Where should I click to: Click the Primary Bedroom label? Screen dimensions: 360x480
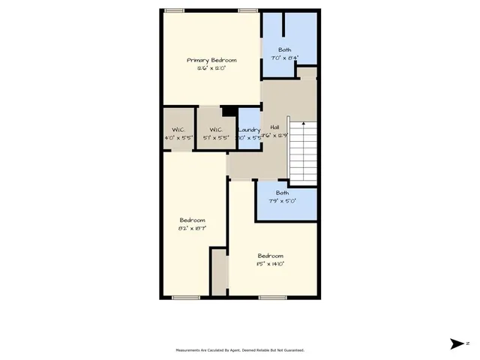pyautogui.click(x=211, y=60)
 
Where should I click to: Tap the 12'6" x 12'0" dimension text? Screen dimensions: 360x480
pyautogui.click(x=211, y=67)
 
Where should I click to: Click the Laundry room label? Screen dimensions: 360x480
pyautogui.click(x=249, y=130)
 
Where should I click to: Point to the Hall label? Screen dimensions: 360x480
pyautogui.click(x=274, y=127)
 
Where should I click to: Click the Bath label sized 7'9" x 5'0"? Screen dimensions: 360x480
pyautogui.click(x=286, y=193)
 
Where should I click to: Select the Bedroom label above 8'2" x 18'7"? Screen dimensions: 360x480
pyautogui.click(x=192, y=220)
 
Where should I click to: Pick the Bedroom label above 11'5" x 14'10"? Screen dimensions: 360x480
pyautogui.click(x=271, y=255)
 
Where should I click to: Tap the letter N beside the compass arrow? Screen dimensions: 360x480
pyautogui.click(x=467, y=343)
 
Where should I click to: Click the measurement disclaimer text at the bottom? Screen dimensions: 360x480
pyautogui.click(x=240, y=350)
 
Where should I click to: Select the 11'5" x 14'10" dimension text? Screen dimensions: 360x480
pyautogui.click(x=271, y=263)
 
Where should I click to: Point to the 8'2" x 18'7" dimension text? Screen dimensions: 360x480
pyautogui.click(x=192, y=227)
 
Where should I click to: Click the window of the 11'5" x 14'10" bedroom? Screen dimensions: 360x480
pyautogui.click(x=272, y=298)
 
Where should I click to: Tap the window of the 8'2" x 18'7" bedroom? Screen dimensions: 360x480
pyautogui.click(x=185, y=298)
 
